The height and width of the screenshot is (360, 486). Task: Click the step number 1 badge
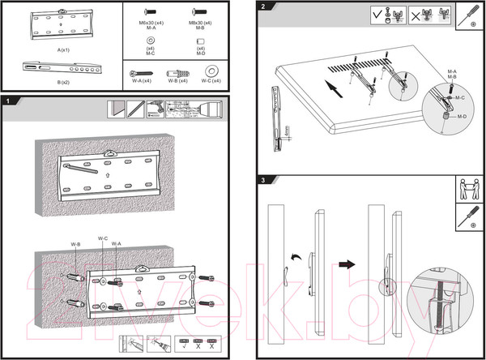click(7, 101)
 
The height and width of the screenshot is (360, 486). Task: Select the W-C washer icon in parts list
click(214, 71)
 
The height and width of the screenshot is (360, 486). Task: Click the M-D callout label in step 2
click(461, 118)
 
